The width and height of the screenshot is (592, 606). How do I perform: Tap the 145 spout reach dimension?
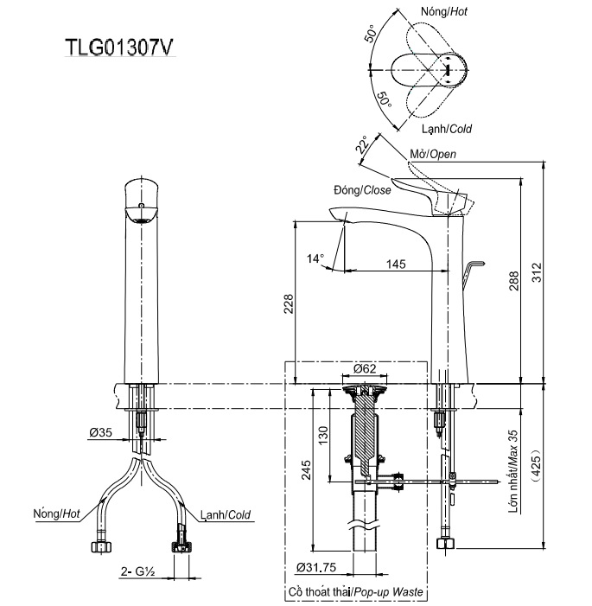pos(397,264)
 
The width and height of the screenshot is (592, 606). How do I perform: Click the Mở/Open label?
pos(431,154)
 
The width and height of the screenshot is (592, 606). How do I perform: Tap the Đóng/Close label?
pos(361,189)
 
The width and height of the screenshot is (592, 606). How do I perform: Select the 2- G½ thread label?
pos(138,572)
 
